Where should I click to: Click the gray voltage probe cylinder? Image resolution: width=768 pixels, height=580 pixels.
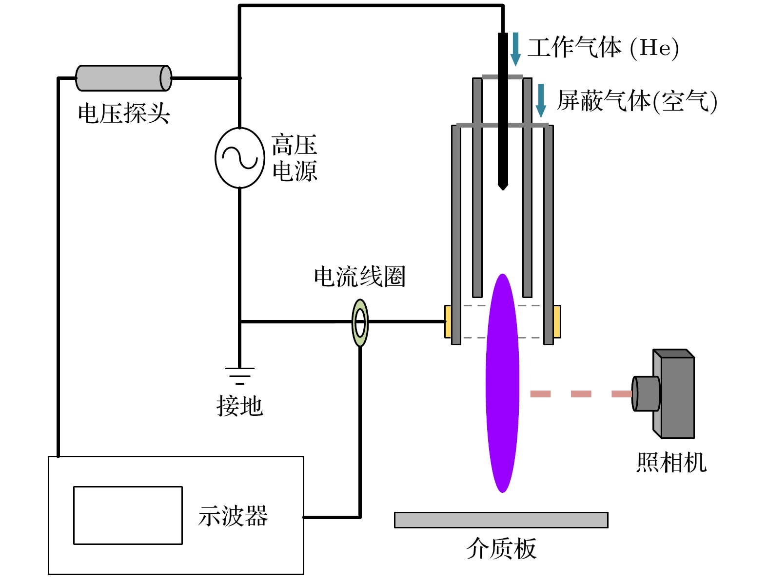[x=123, y=78]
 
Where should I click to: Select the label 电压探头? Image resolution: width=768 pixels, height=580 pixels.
[x=124, y=113]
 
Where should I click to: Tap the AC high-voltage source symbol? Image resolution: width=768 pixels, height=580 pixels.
[x=239, y=158]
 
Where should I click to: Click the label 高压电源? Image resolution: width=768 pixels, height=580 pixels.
[x=295, y=158]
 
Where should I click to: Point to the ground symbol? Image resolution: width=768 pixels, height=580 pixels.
[x=239, y=375]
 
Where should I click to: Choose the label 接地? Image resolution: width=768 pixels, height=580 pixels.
[x=239, y=406]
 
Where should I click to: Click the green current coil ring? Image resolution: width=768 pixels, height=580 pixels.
[x=360, y=322]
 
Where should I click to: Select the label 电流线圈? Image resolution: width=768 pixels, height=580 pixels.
[x=360, y=277]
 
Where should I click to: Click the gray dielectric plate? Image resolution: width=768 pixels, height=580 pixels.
[x=501, y=520]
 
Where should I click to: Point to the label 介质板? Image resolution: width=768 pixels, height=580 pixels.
[x=501, y=549]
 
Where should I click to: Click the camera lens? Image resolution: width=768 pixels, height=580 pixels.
[x=645, y=393]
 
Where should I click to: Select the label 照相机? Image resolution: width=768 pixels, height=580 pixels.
[x=671, y=462]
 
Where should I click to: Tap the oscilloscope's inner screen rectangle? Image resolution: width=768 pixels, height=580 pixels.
[x=128, y=515]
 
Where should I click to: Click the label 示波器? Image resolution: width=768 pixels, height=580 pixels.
[x=233, y=516]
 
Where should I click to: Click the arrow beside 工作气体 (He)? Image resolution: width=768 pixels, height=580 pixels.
[x=515, y=49]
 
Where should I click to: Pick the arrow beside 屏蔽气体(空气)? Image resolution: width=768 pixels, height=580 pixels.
[x=541, y=100]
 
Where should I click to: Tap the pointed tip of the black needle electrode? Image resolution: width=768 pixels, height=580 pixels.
[x=503, y=187]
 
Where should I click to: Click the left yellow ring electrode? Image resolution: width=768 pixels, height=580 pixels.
[x=448, y=321]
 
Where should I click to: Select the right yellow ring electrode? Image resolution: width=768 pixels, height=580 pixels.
[x=557, y=321]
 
